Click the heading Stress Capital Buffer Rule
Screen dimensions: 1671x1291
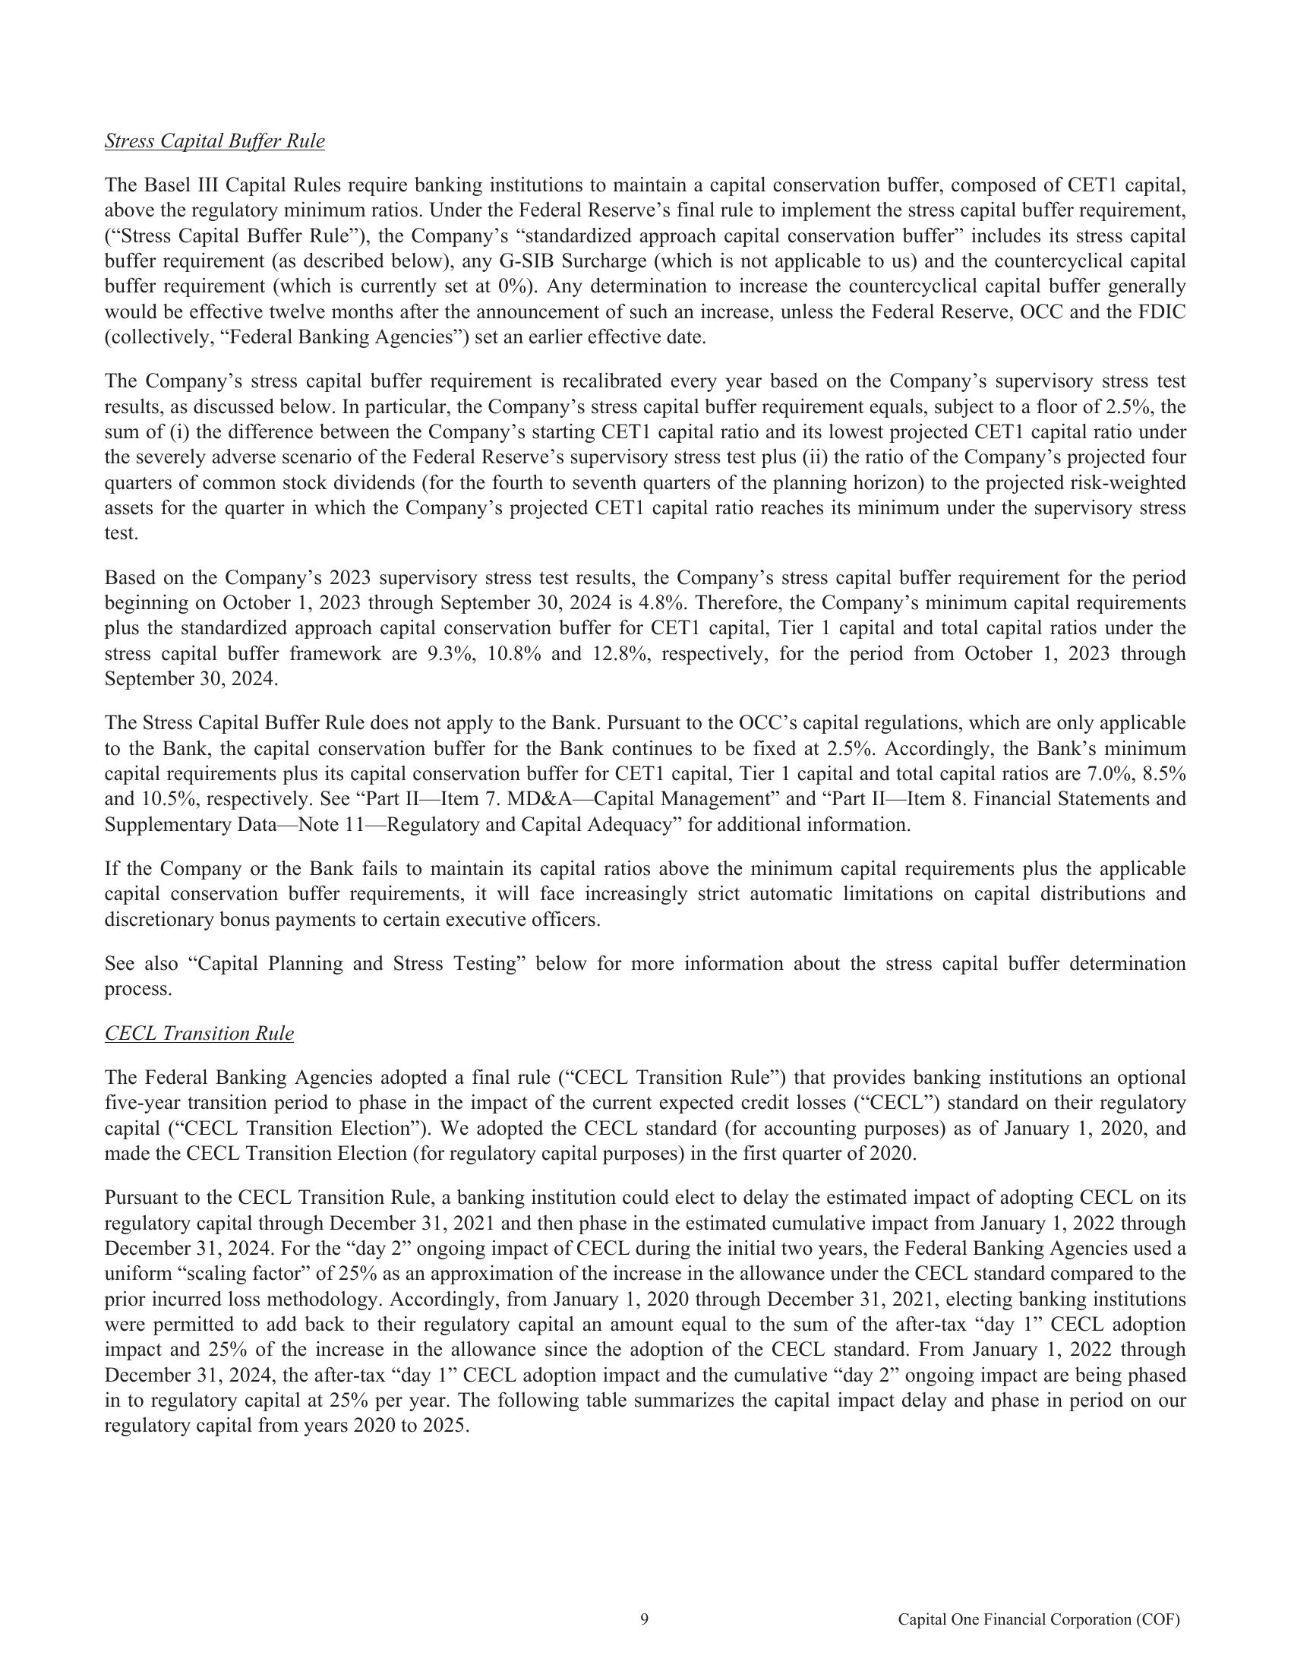[214, 141]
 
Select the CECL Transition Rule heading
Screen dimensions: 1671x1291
[199, 1034]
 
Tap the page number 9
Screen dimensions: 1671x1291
[644, 1619]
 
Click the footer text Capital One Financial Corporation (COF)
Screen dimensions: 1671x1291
[1039, 1620]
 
